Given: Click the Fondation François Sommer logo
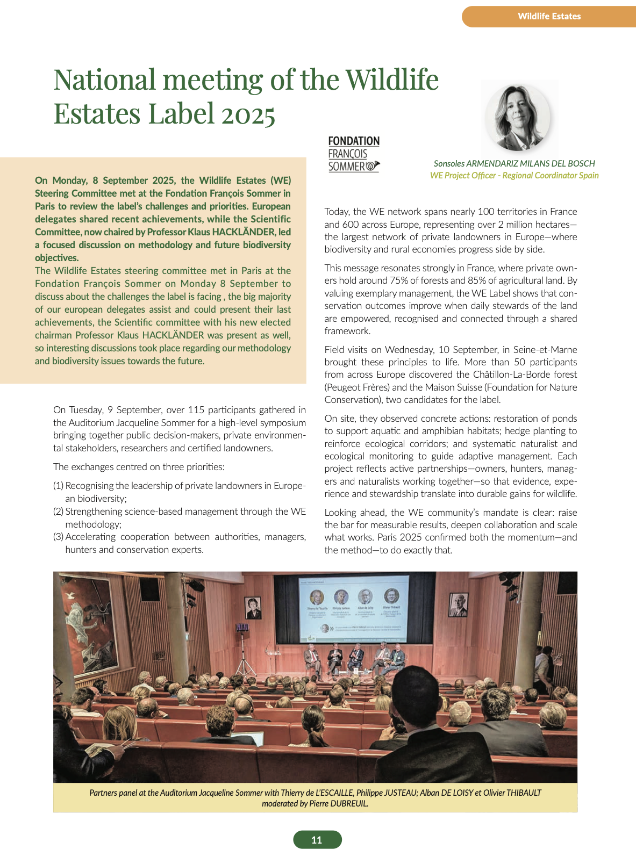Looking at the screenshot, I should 354,154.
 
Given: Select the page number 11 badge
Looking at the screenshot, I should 317,839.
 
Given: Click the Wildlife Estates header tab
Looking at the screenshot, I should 549,16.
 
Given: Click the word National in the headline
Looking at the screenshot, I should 104,80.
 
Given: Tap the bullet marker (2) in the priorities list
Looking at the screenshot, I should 59,511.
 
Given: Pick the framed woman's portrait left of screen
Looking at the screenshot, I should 253,608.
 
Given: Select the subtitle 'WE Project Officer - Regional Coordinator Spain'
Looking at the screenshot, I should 514,176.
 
